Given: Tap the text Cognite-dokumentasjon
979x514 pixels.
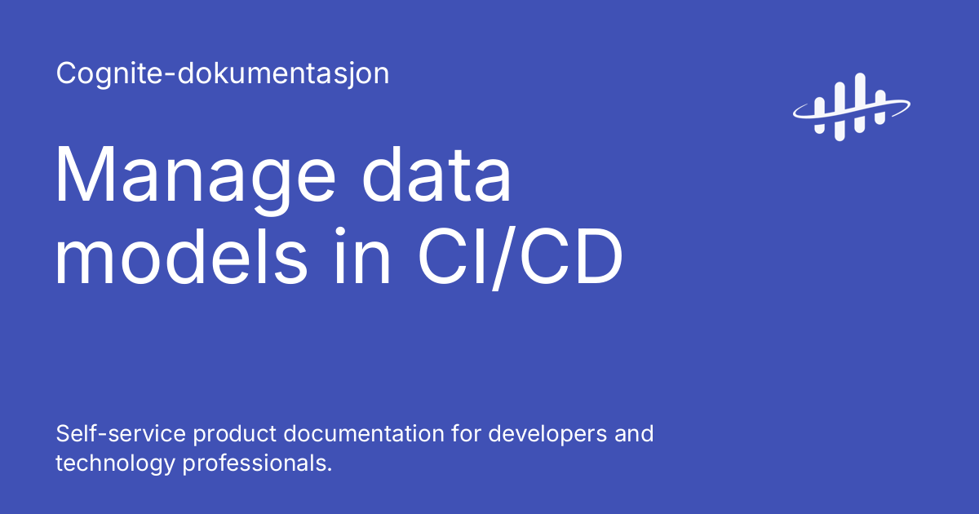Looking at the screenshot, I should tap(223, 74).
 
